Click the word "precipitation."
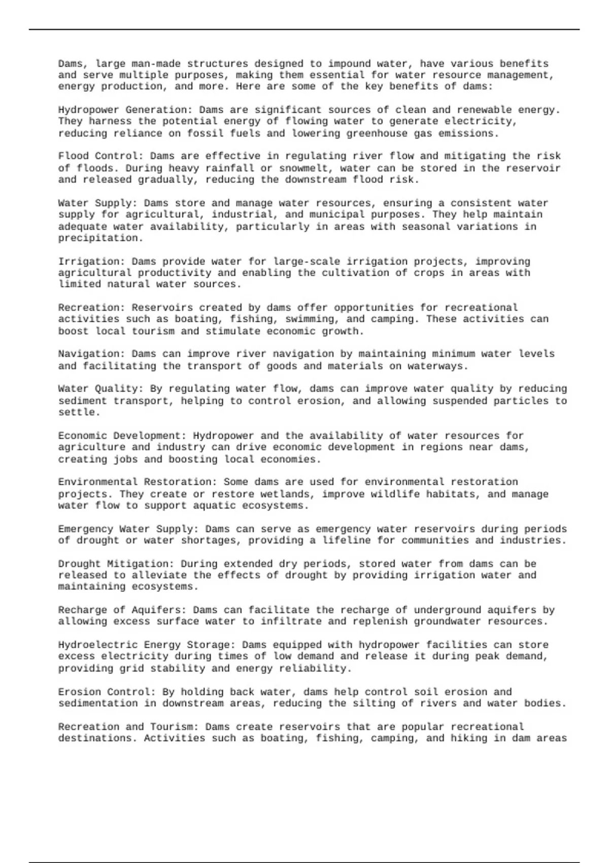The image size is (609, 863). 101,238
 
